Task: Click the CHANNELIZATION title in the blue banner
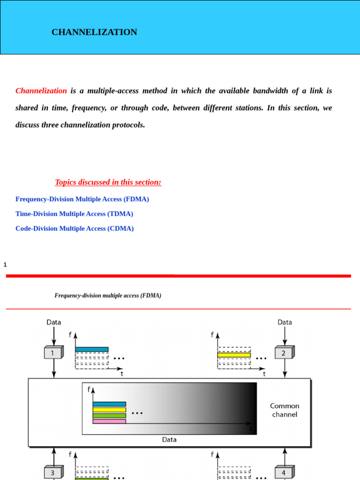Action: pyautogui.click(x=94, y=32)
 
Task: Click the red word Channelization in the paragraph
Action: pyautogui.click(x=41, y=90)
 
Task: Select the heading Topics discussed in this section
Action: pyautogui.click(x=108, y=182)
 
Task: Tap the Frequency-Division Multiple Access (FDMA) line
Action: pyautogui.click(x=82, y=199)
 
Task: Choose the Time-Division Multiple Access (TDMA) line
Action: pyautogui.click(x=74, y=214)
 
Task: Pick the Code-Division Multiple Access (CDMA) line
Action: pyautogui.click(x=75, y=228)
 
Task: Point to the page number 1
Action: pyautogui.click(x=5, y=265)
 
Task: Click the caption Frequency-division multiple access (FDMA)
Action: pyautogui.click(x=108, y=295)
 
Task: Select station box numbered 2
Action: pyautogui.click(x=284, y=352)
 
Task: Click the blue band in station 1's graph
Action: pyautogui.click(x=92, y=349)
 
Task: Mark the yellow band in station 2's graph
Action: pyautogui.click(x=234, y=355)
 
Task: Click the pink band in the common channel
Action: pyautogui.click(x=109, y=421)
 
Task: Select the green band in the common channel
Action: pyautogui.click(x=109, y=416)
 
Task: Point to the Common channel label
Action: pyautogui.click(x=284, y=410)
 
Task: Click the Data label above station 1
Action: pyautogui.click(x=53, y=322)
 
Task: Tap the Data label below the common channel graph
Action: pyautogui.click(x=169, y=440)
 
